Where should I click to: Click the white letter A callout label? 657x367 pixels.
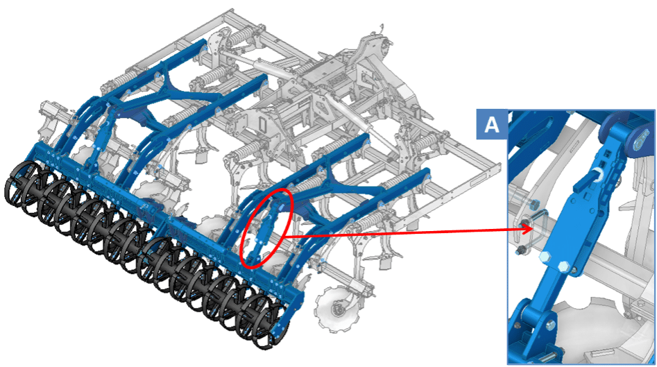pos(491,124)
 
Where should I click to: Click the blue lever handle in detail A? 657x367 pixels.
pos(586,181)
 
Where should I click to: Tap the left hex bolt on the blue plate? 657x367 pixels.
pos(545,257)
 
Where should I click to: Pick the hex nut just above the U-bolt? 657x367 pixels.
pos(534,205)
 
